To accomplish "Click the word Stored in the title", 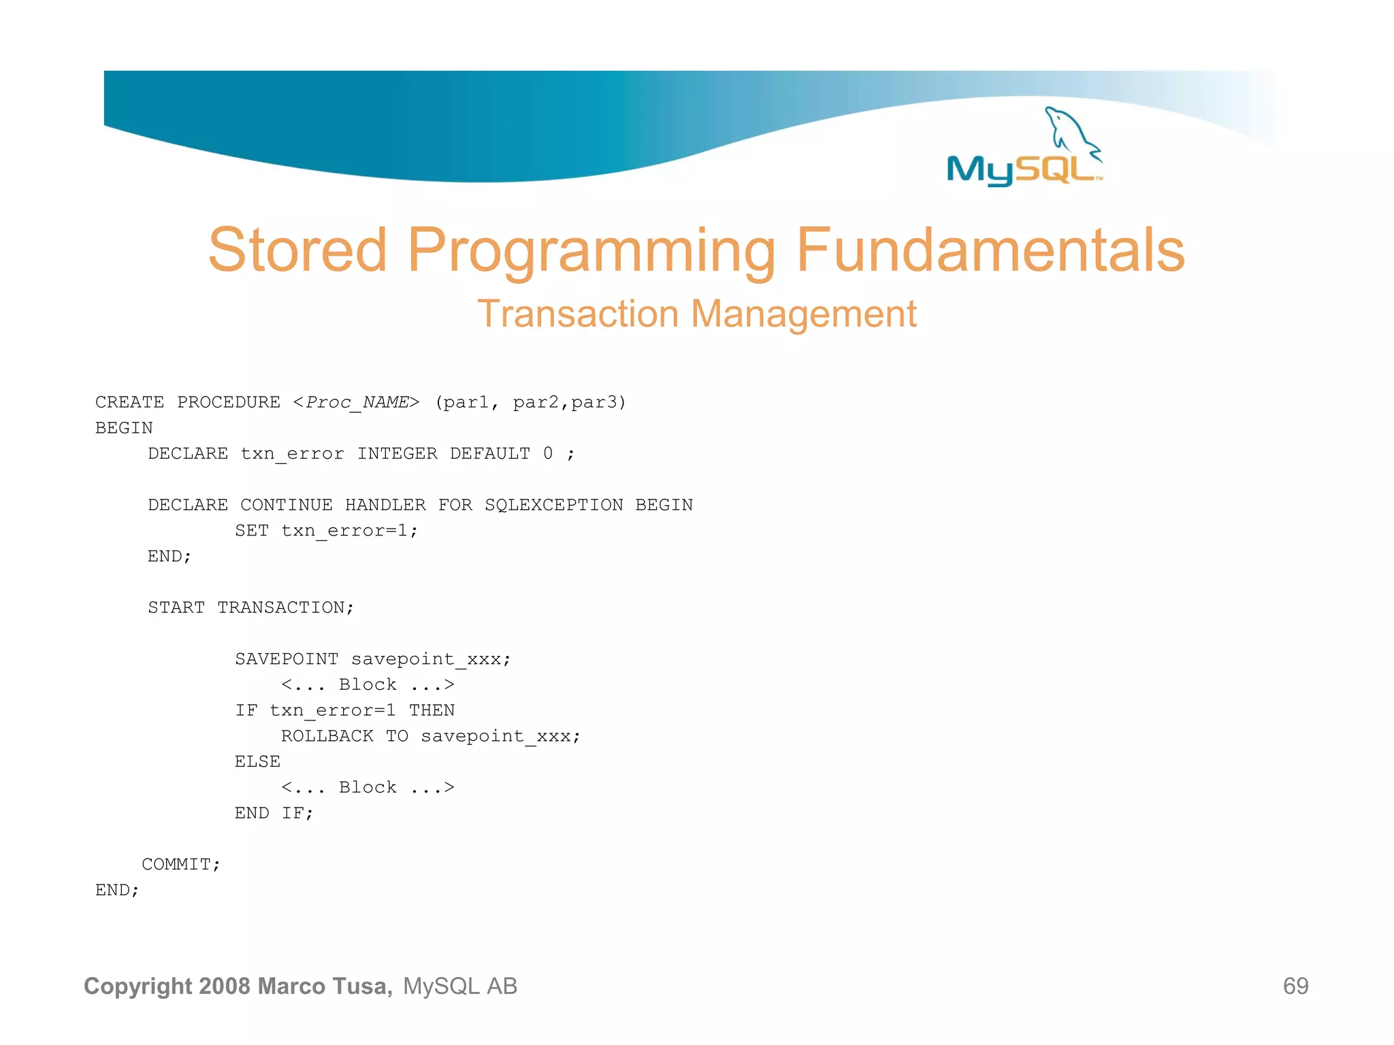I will [x=297, y=250].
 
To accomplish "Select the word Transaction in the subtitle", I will [x=578, y=314].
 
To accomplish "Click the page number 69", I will [x=1295, y=986].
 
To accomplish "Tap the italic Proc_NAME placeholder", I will [x=357, y=403].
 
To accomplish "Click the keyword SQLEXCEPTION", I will [x=553, y=505].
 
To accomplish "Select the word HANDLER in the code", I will [x=385, y=505].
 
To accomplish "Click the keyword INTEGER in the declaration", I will [x=398, y=454].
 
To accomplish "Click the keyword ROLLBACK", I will [x=327, y=736].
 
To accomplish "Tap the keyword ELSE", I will [x=257, y=762].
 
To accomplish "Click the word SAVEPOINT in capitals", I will [x=287, y=659].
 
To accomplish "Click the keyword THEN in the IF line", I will [x=432, y=711].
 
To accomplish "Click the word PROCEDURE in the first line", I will [x=229, y=403].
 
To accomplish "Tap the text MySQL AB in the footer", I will [x=460, y=986].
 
